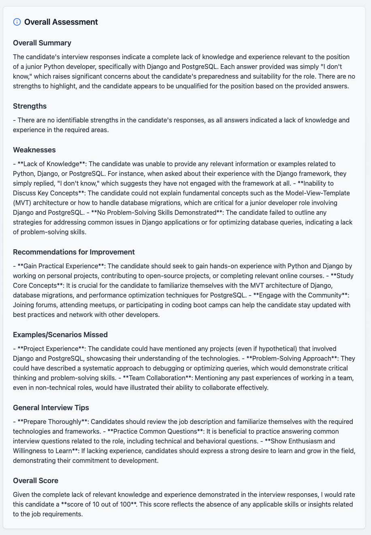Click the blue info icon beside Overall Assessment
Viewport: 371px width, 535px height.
[x=17, y=22]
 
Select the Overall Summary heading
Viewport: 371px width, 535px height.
[x=42, y=43]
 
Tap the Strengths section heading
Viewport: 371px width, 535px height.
[x=30, y=106]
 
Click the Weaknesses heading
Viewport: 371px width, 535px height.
[x=34, y=150]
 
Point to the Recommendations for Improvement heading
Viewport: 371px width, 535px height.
[x=74, y=252]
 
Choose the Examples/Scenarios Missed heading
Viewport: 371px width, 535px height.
[x=60, y=335]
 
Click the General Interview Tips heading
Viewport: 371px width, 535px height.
[x=51, y=408]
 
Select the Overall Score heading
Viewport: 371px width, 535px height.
[x=36, y=481]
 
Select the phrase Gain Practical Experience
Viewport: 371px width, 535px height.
[x=61, y=266]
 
